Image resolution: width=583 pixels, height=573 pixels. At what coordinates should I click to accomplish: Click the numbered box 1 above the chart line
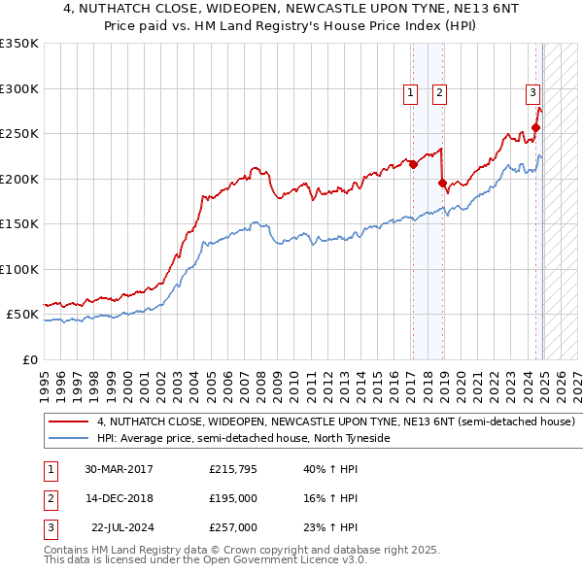(x=411, y=93)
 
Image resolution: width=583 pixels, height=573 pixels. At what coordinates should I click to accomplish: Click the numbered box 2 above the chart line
(x=439, y=93)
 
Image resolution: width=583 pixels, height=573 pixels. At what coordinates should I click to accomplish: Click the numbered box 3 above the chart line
(x=533, y=93)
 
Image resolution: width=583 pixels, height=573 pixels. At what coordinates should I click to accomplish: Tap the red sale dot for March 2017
(x=412, y=164)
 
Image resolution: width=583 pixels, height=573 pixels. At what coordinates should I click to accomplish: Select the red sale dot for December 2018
(x=442, y=183)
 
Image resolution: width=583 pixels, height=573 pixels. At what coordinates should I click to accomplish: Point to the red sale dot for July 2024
(x=535, y=127)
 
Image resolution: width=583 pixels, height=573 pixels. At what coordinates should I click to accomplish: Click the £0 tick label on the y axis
(x=29, y=359)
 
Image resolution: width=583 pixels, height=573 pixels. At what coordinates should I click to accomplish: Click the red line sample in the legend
(x=68, y=422)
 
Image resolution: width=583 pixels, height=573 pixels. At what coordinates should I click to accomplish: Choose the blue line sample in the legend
(x=68, y=439)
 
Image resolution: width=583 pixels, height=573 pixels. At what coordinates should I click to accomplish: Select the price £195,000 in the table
(x=233, y=498)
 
